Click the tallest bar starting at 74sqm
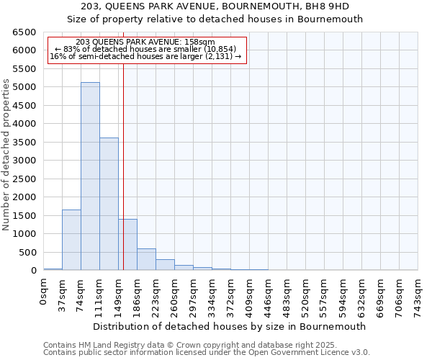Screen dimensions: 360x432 pyautogui.click(x=90, y=176)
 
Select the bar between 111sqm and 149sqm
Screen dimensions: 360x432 pyautogui.click(x=109, y=204)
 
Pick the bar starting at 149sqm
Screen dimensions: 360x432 pyautogui.click(x=127, y=245)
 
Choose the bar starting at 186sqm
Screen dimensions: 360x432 pyautogui.click(x=146, y=259)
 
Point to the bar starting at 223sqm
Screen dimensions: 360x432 pyautogui.click(x=165, y=264)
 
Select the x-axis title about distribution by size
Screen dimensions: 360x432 pyautogui.click(x=230, y=326)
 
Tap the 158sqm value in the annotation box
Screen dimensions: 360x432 pyautogui.click(x=199, y=42)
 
